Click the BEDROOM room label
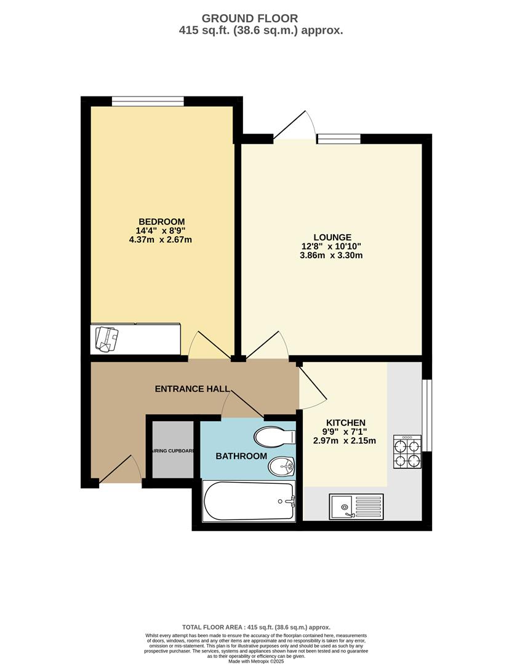point(161,221)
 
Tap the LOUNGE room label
point(332,237)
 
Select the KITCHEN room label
point(346,423)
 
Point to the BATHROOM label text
point(241,456)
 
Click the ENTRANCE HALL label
point(193,389)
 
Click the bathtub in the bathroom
point(249,501)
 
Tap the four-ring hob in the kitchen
point(407,453)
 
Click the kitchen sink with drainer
point(356,506)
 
